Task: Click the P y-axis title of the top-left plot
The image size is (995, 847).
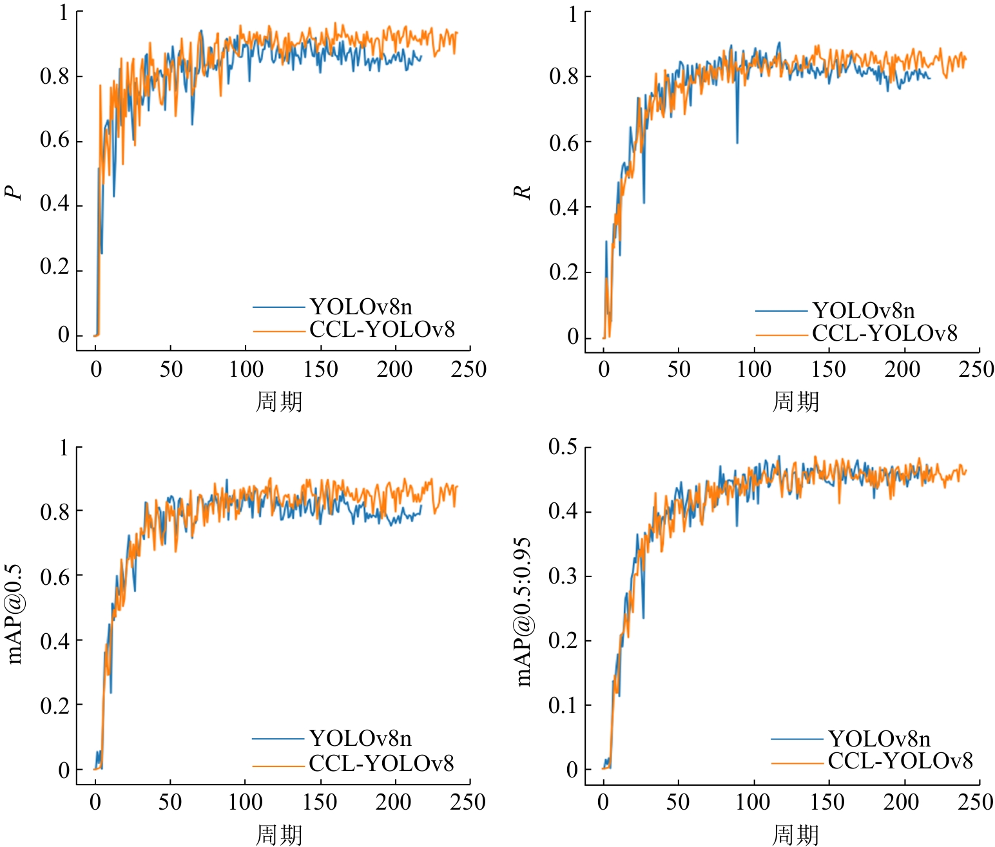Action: pyautogui.click(x=13, y=193)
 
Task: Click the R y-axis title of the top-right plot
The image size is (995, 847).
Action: pyautogui.click(x=521, y=193)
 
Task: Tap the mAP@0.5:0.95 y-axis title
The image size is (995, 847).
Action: pyautogui.click(x=523, y=612)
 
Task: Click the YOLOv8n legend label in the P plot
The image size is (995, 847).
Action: pyautogui.click(x=361, y=307)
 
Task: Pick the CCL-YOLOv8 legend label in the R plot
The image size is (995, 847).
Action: pyautogui.click(x=884, y=334)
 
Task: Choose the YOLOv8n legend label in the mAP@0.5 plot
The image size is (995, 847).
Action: pyautogui.click(x=360, y=738)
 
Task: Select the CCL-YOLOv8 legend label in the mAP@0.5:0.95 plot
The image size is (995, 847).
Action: pyautogui.click(x=900, y=761)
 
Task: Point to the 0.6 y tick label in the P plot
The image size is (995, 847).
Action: pyautogui.click(x=54, y=140)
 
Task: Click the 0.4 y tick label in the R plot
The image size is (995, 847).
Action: pyautogui.click(x=563, y=207)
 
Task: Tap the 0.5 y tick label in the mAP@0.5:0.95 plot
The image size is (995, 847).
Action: pyautogui.click(x=563, y=446)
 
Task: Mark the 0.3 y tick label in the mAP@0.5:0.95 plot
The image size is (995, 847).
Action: pyautogui.click(x=563, y=576)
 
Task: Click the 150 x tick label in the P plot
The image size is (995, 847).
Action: pyautogui.click(x=320, y=370)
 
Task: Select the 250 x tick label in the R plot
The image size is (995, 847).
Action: pyautogui.click(x=976, y=370)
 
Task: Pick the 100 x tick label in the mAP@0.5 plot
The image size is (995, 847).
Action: pyautogui.click(x=245, y=803)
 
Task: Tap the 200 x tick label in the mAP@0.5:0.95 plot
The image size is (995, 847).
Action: pyautogui.click(x=902, y=803)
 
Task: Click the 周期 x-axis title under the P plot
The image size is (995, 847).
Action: pyautogui.click(x=279, y=402)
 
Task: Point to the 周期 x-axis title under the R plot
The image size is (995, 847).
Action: pyautogui.click(x=795, y=402)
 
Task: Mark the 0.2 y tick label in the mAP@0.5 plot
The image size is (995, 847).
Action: pyautogui.click(x=54, y=705)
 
